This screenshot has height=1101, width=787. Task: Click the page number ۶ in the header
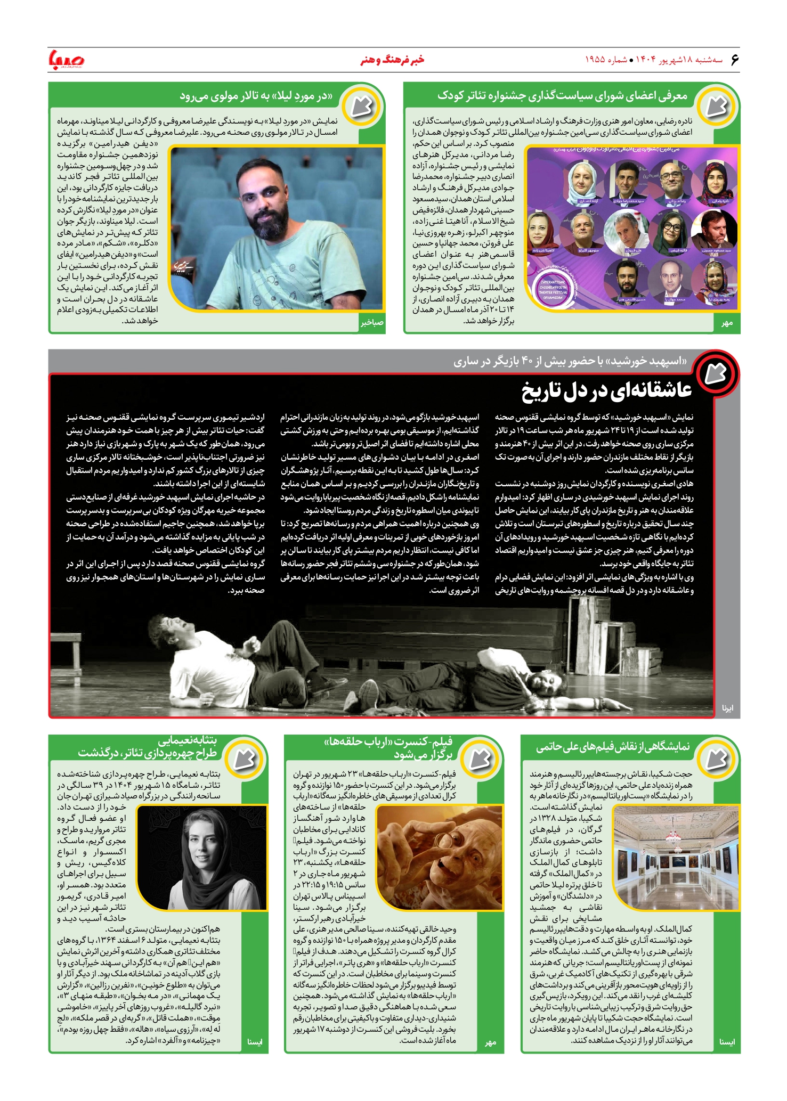click(734, 60)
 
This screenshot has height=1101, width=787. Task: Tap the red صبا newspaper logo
click(66, 60)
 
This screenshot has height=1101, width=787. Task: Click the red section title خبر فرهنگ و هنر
click(393, 60)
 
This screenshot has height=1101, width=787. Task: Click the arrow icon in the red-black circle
click(716, 374)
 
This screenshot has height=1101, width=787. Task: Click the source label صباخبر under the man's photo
click(371, 323)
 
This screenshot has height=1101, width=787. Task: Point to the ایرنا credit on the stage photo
click(727, 708)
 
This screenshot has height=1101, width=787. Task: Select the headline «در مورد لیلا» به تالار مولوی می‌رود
click(256, 96)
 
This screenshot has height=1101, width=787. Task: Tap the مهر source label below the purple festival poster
click(727, 323)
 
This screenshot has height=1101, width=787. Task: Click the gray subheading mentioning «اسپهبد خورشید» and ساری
click(570, 362)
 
